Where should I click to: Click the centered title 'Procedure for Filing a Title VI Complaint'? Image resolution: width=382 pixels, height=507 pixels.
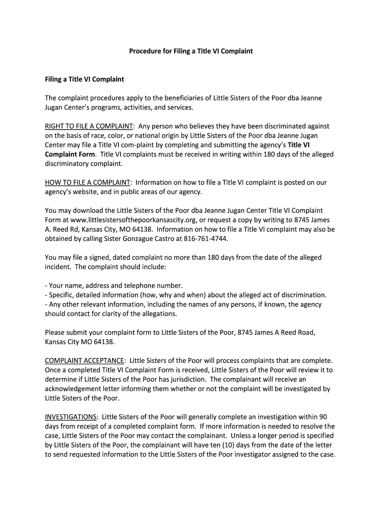(191, 51)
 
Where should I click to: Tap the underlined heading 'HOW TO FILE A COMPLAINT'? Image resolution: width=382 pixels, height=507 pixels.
(87, 183)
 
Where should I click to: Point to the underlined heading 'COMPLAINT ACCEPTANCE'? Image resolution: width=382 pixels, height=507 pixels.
(85, 361)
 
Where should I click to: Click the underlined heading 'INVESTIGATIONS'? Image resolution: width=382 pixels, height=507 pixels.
(70, 417)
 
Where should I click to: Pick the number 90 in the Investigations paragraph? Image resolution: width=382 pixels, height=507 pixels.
(323, 417)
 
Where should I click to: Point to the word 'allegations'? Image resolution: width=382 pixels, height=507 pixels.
(158, 314)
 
